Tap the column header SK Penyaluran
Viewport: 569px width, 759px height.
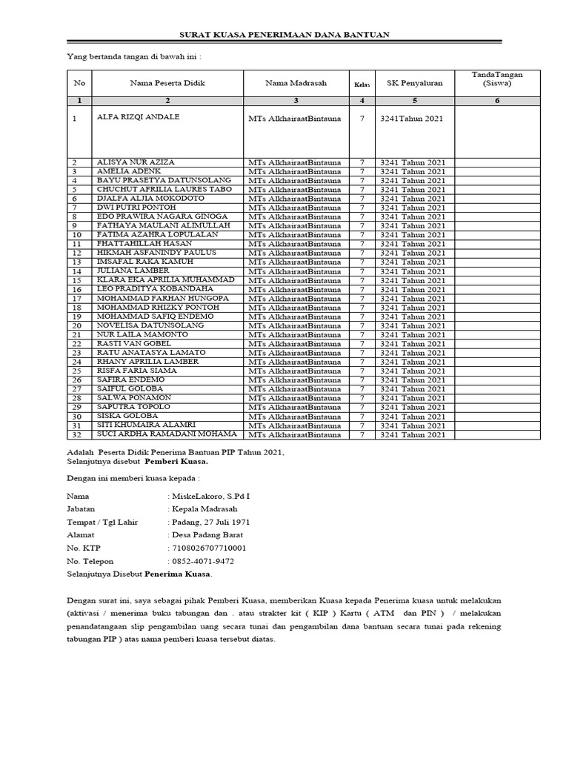[414, 83]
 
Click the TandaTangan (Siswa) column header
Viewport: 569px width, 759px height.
[497, 79]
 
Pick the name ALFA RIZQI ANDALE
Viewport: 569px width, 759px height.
[138, 117]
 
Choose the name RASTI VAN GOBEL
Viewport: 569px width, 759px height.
[130, 343]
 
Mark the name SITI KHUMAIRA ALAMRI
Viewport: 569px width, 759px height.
[145, 425]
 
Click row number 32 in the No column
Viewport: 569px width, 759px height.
[75, 434]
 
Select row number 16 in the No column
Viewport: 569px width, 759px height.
[75, 289]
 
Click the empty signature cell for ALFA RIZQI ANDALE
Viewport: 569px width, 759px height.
[497, 133]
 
